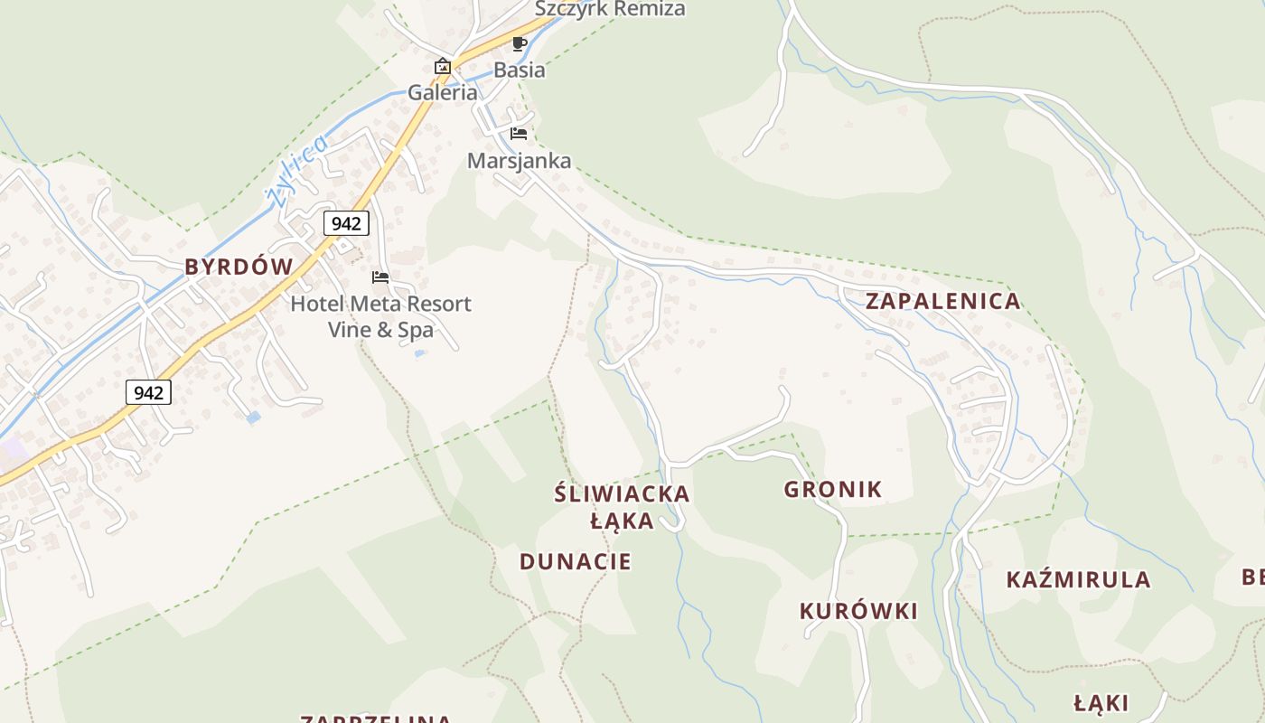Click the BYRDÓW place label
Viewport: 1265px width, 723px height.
pyautogui.click(x=239, y=267)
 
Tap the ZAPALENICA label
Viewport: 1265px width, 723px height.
pyautogui.click(x=943, y=301)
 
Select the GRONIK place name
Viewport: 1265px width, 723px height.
pyautogui.click(x=832, y=490)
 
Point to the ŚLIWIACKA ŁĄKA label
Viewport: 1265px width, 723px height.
pyautogui.click(x=622, y=507)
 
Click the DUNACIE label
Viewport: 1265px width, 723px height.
pyautogui.click(x=576, y=561)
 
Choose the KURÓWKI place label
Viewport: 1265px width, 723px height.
pyautogui.click(x=858, y=611)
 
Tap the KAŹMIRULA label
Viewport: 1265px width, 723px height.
pyautogui.click(x=1078, y=579)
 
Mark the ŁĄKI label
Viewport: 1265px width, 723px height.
pyautogui.click(x=1101, y=703)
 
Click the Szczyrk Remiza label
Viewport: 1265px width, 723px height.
pyautogui.click(x=610, y=9)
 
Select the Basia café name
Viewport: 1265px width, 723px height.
pyautogui.click(x=520, y=70)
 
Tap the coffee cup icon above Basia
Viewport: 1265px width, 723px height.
pyautogui.click(x=519, y=43)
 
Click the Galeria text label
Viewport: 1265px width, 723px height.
pyautogui.click(x=443, y=92)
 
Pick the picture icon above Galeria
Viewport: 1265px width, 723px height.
pyautogui.click(x=443, y=66)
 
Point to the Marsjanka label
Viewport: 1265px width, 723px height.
pyautogui.click(x=520, y=161)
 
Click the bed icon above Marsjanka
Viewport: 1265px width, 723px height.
pyautogui.click(x=519, y=134)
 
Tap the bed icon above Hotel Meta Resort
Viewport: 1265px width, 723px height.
pyautogui.click(x=380, y=277)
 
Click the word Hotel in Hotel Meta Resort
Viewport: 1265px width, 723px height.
pyautogui.click(x=316, y=304)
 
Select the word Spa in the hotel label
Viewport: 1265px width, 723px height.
pyautogui.click(x=416, y=330)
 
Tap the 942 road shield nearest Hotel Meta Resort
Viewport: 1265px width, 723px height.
pyautogui.click(x=347, y=223)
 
